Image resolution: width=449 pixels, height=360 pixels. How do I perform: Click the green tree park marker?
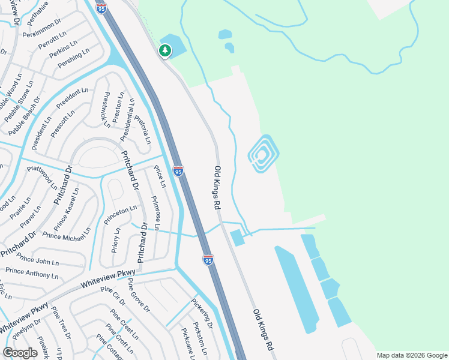click(165, 50)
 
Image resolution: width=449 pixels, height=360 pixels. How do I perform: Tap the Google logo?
click(20, 353)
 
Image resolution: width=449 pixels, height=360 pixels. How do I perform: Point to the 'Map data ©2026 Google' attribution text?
click(412, 355)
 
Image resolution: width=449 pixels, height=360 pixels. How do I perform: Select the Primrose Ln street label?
click(155, 213)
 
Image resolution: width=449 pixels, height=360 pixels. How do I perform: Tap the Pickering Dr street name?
click(202, 313)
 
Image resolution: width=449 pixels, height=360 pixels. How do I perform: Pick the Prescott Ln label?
click(62, 122)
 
